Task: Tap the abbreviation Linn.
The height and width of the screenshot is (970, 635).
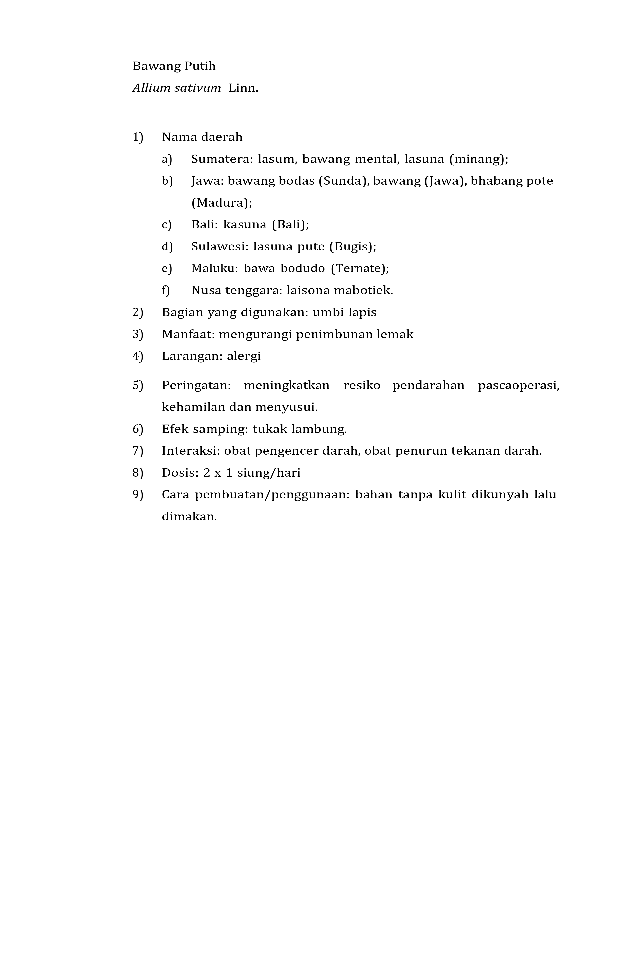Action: point(244,88)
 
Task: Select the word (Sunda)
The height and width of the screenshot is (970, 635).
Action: point(344,181)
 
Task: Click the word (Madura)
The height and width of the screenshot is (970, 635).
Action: point(221,203)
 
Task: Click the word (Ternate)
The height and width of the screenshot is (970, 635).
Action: point(360,268)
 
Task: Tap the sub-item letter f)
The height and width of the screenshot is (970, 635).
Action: point(165,291)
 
